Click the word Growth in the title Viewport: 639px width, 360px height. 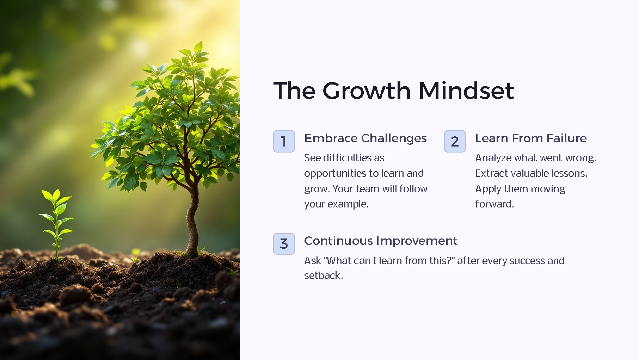tap(367, 91)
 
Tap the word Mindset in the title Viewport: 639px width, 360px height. tap(466, 91)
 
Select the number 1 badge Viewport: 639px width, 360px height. tap(284, 141)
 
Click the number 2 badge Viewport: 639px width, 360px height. tap(455, 141)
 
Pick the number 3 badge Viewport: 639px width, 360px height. tap(284, 244)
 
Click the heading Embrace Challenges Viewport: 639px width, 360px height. tap(365, 138)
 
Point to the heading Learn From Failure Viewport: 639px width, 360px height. tap(530, 138)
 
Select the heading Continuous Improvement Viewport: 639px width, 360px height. tap(380, 241)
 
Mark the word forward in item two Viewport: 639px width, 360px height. tap(494, 204)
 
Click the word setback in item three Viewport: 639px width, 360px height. tap(322, 275)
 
